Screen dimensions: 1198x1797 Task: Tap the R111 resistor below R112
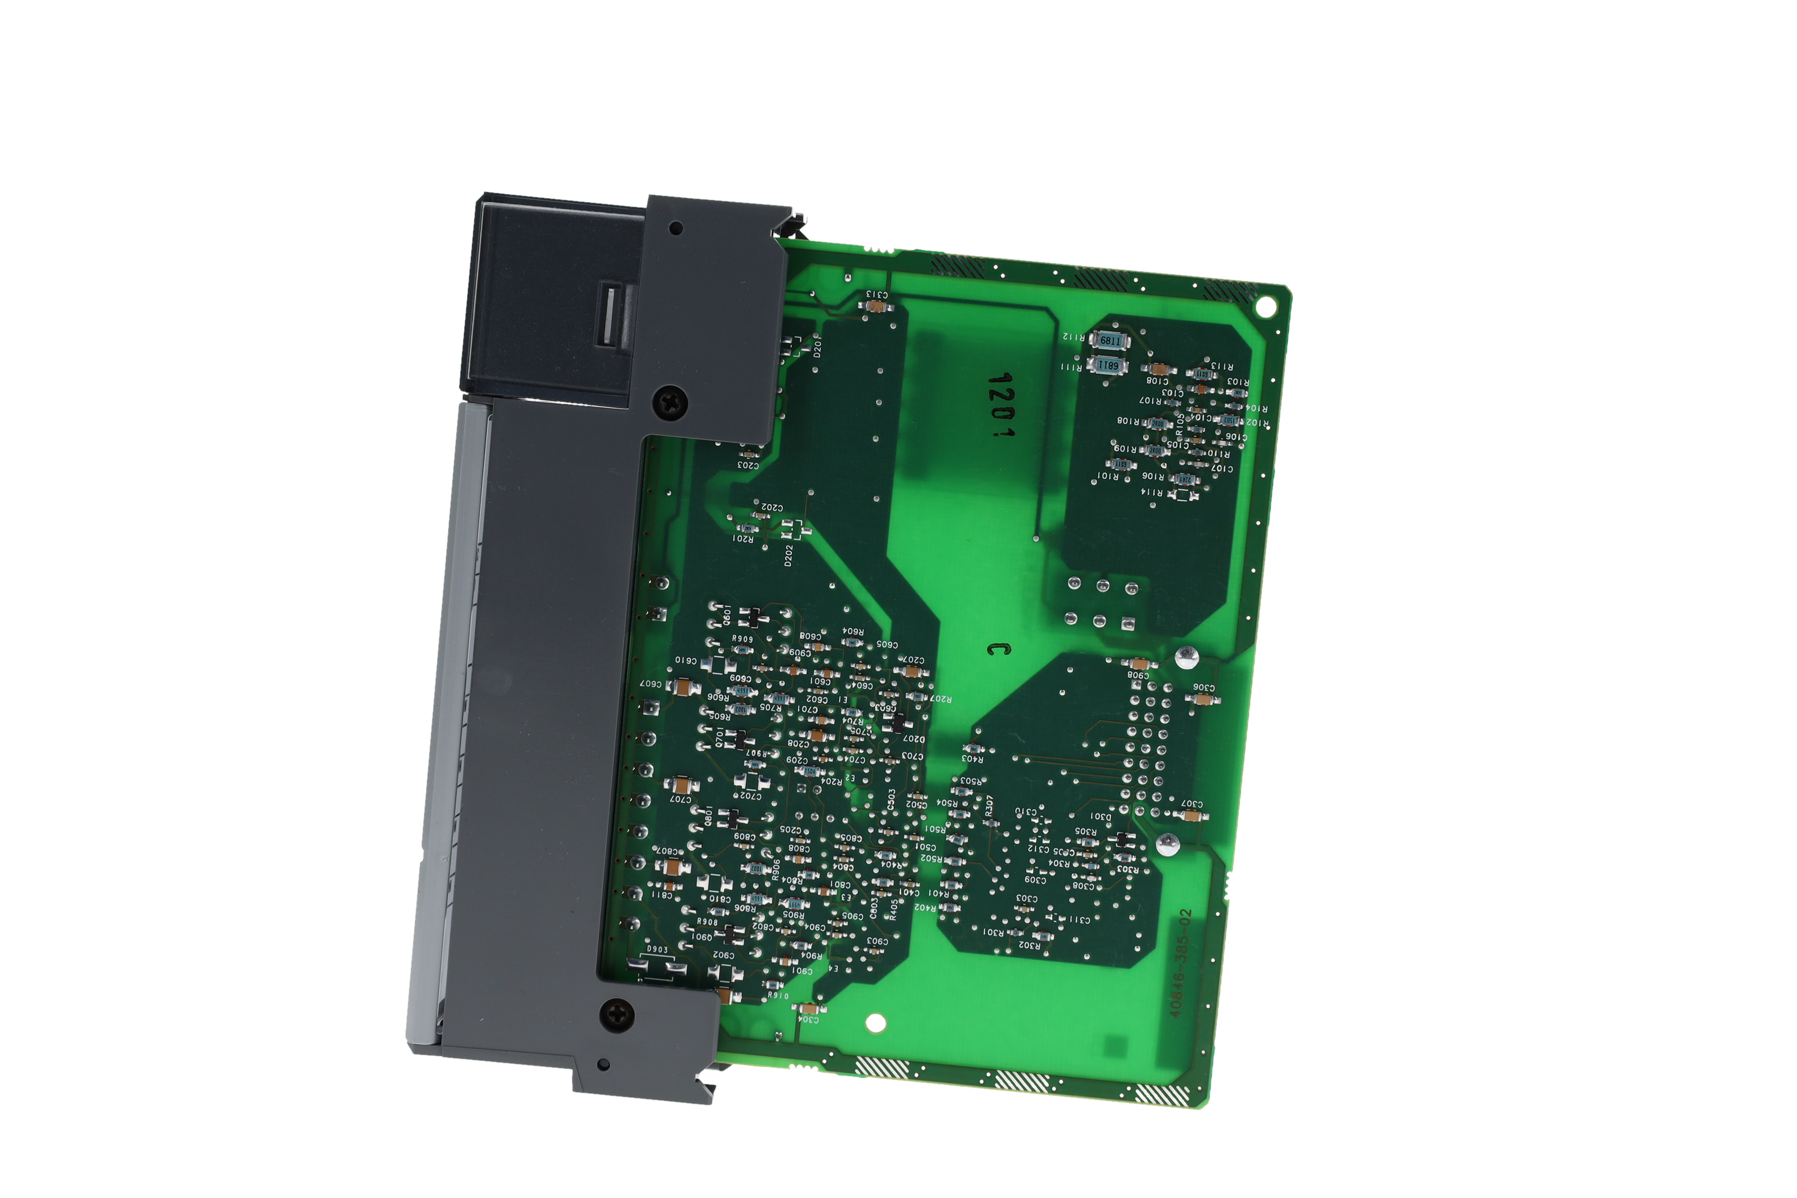pyautogui.click(x=1107, y=365)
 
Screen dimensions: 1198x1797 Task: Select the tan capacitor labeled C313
pyautogui.click(x=879, y=306)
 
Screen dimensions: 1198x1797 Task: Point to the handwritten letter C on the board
pyautogui.click(x=998, y=649)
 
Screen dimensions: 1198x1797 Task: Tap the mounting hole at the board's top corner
pyautogui.click(x=1266, y=307)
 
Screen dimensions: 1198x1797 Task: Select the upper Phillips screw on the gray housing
pyautogui.click(x=670, y=403)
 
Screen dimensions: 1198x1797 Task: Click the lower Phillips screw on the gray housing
pyautogui.click(x=617, y=1015)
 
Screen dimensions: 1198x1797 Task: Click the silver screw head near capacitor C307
pyautogui.click(x=1167, y=844)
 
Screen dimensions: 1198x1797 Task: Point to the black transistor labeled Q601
pyautogui.click(x=752, y=616)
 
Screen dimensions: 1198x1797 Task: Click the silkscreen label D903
pyautogui.click(x=657, y=950)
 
